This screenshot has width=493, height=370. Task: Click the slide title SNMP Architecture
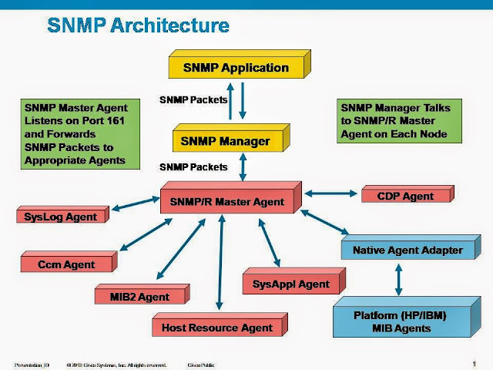coord(138,25)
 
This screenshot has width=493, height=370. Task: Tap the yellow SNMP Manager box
coord(224,142)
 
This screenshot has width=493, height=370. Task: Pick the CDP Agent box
coord(405,197)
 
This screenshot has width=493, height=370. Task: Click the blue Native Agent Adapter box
coord(407,251)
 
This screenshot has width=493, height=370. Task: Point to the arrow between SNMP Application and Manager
coord(243,101)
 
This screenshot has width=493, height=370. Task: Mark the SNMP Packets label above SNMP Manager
coord(193,100)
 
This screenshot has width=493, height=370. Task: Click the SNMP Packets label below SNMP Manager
coord(193,166)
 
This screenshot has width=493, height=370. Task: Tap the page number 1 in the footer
coord(473,363)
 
